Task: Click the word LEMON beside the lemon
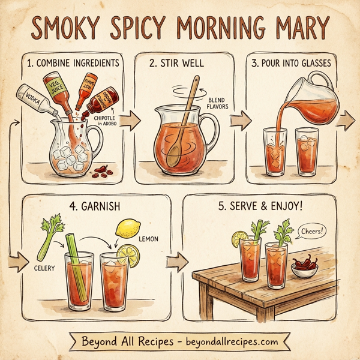tap(149, 239)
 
